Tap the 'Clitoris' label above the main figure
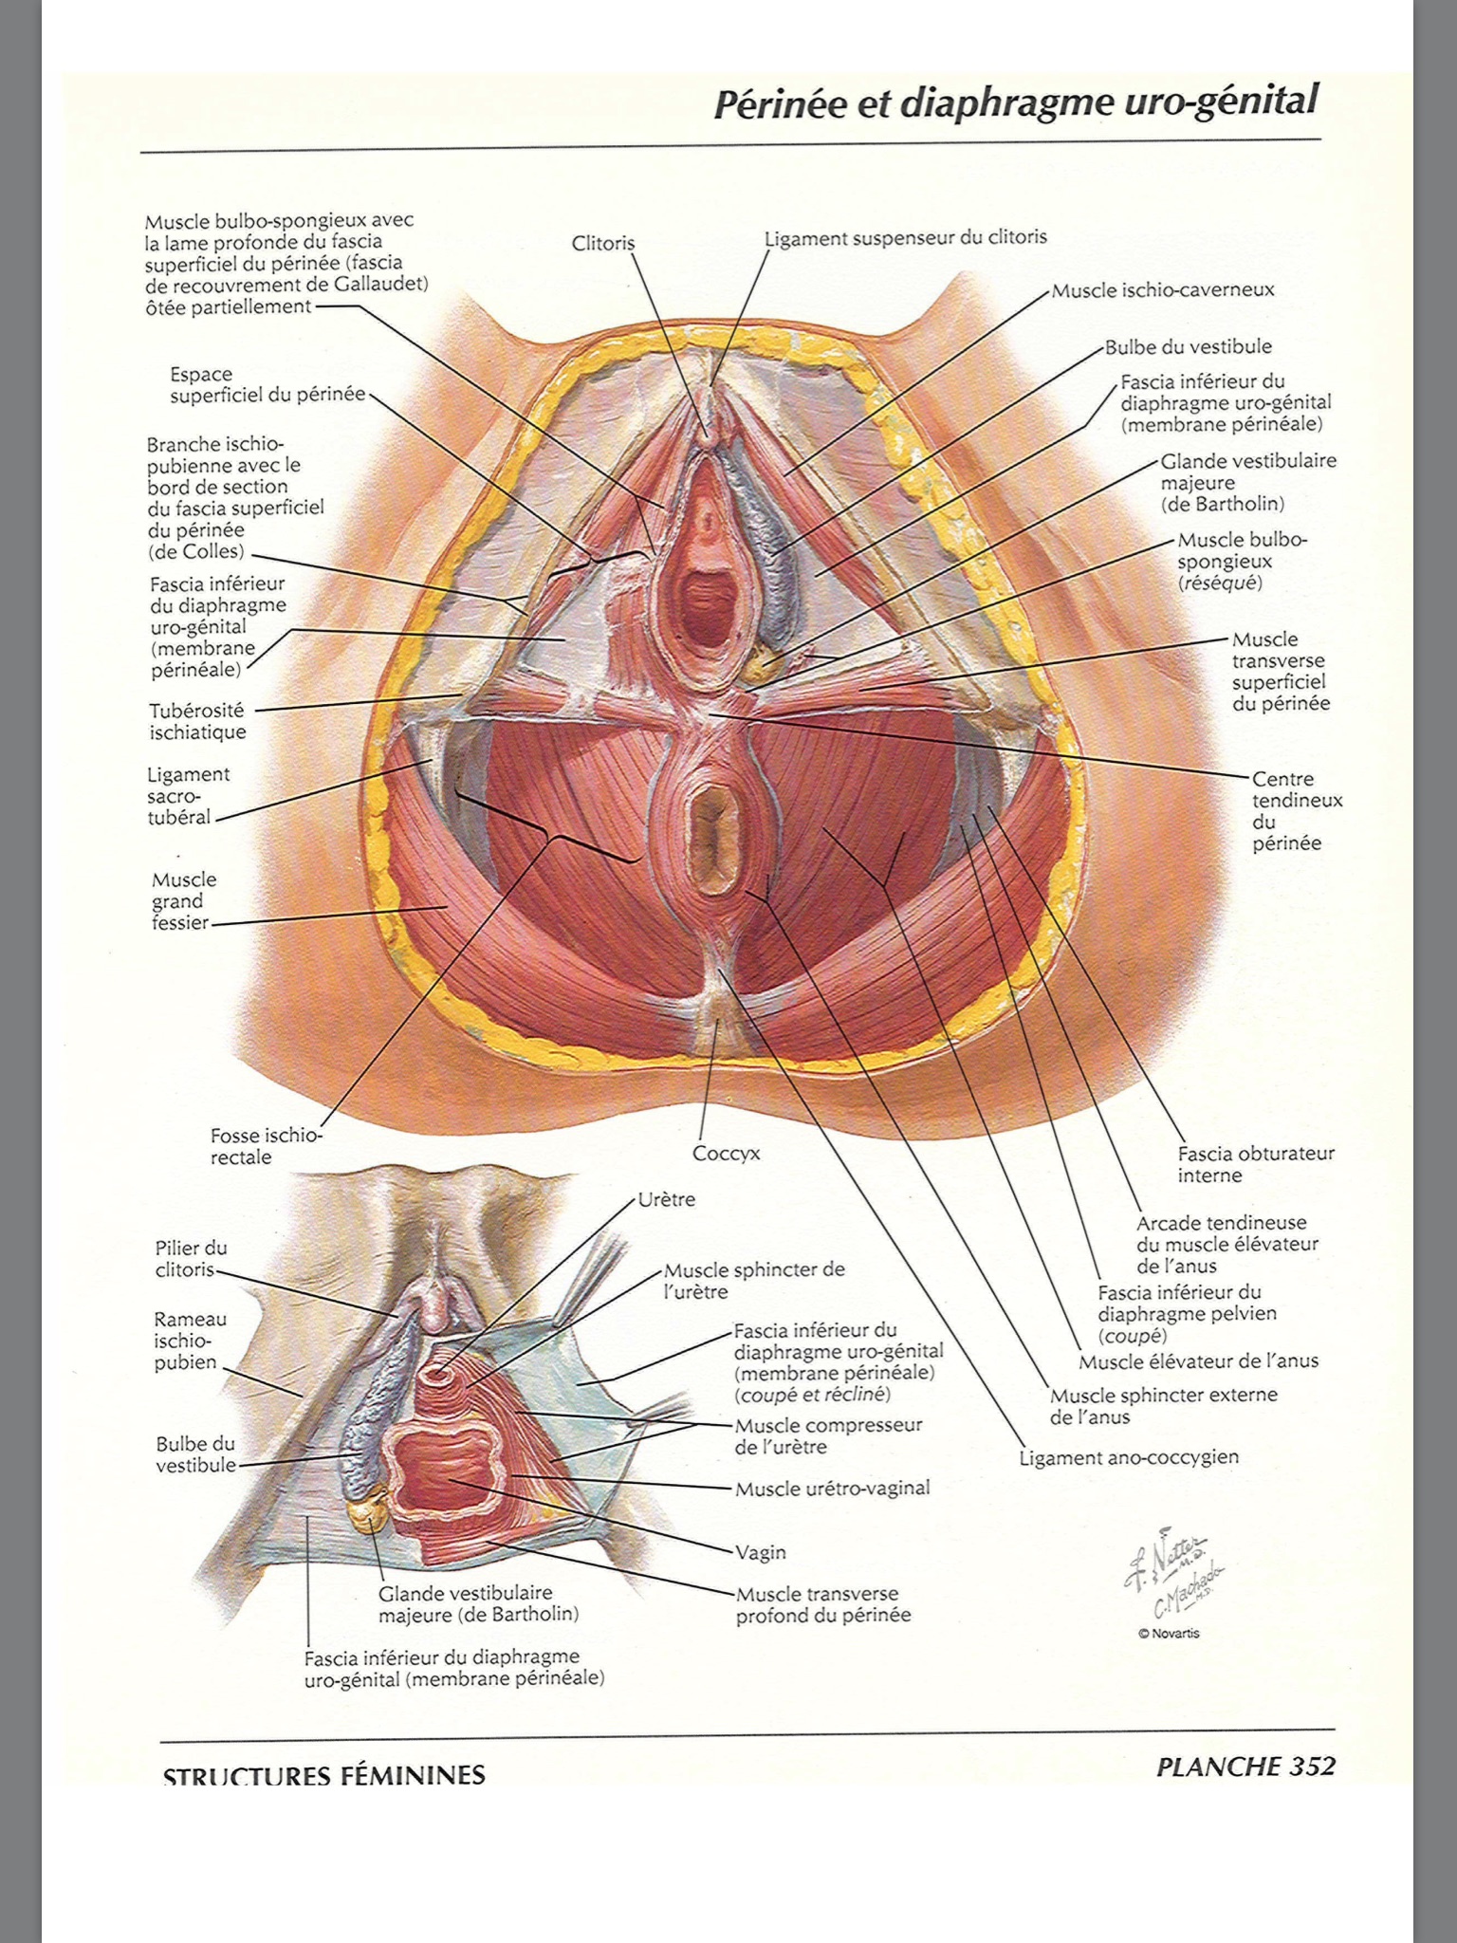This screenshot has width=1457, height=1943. pyautogui.click(x=603, y=243)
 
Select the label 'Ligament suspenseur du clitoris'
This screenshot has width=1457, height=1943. pyautogui.click(x=906, y=237)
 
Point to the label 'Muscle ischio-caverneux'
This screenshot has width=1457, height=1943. pyautogui.click(x=1163, y=290)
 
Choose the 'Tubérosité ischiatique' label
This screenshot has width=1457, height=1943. pyautogui.click(x=197, y=721)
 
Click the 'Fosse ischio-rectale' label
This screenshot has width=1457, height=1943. pyautogui.click(x=267, y=1146)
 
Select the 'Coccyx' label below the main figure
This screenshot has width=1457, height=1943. pyautogui.click(x=726, y=1154)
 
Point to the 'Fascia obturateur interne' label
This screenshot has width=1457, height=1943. pyautogui.click(x=1256, y=1164)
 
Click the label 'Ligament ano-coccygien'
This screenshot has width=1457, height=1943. pyautogui.click(x=1129, y=1457)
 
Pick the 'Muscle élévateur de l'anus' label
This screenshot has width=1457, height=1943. pyautogui.click(x=1199, y=1361)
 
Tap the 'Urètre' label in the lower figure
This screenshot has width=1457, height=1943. pyautogui.click(x=667, y=1199)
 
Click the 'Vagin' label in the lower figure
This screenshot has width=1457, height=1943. pyautogui.click(x=761, y=1552)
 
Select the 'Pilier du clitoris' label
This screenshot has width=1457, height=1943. pyautogui.click(x=192, y=1259)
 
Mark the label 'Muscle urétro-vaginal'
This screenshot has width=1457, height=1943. pyautogui.click(x=833, y=1488)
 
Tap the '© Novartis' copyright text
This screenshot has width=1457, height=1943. pyautogui.click(x=1169, y=1633)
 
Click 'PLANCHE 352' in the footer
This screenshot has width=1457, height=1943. pyautogui.click(x=1245, y=1766)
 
